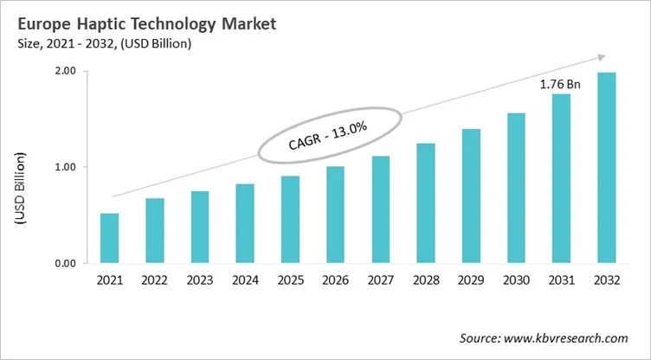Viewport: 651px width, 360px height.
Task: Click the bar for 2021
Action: (110, 238)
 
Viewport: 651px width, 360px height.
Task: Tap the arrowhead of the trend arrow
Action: (599, 57)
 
